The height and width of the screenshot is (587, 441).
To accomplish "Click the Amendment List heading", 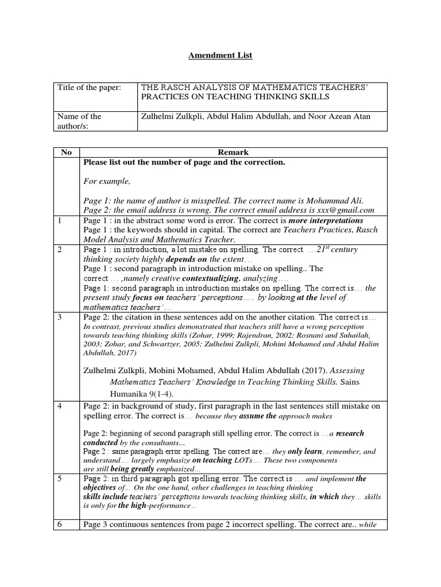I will pos(220,56).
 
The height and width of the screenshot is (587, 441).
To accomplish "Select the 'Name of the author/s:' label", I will pos(79,121).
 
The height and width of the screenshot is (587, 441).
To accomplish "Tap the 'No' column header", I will pos(66,152).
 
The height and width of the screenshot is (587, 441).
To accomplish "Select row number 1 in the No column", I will pos(60,221).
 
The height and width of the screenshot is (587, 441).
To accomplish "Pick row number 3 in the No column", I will pos(60,317).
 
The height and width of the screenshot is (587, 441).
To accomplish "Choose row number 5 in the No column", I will pos(60,478).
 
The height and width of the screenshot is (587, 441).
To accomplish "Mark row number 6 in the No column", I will pos(60,525).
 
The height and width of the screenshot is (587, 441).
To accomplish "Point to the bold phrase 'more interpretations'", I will pos(326,221).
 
